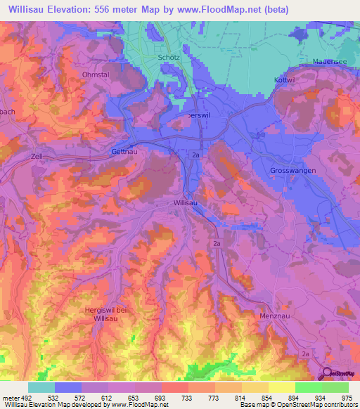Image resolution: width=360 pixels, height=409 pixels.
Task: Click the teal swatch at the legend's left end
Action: coord(41,387)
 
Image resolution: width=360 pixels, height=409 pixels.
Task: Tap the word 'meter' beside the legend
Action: coord(11,397)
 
